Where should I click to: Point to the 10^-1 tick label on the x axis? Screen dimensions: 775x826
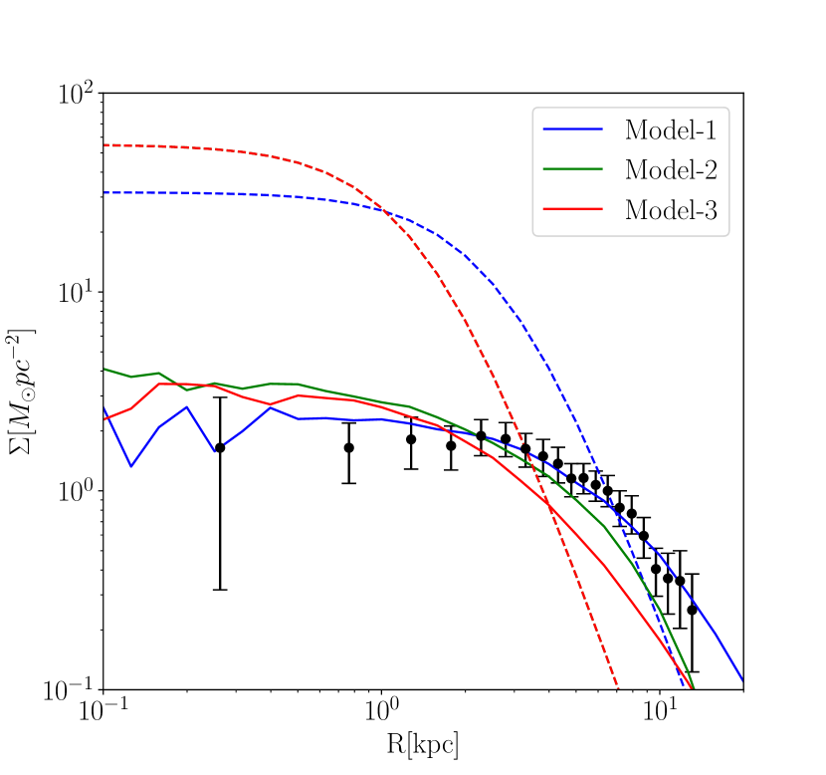103,714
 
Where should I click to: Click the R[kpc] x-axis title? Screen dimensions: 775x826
423,745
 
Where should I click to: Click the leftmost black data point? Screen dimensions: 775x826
220,447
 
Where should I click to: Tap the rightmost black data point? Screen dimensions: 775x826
693,610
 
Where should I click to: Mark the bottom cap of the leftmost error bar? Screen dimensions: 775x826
220,590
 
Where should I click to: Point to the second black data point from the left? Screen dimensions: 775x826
349,447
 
